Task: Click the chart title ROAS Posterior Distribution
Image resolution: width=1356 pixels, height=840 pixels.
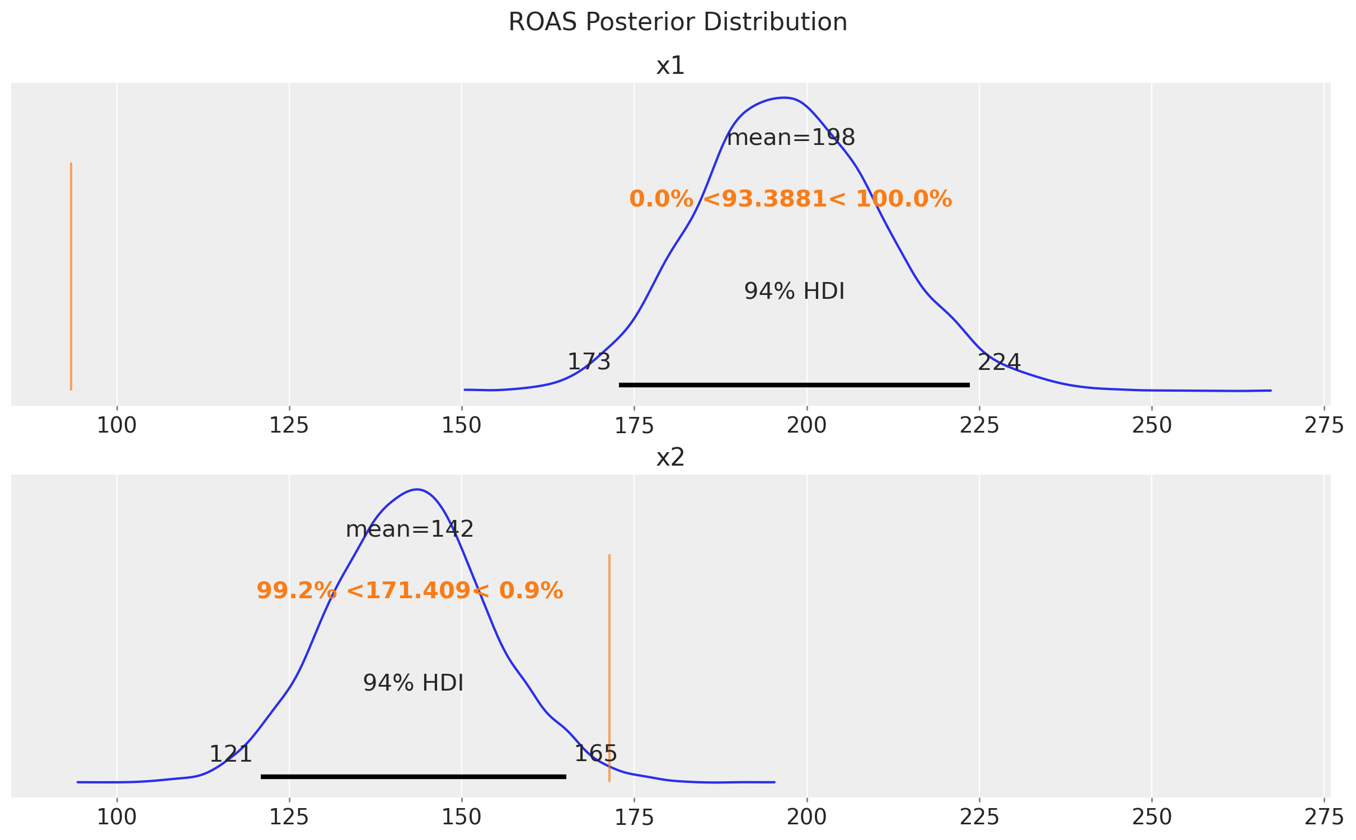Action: (x=678, y=22)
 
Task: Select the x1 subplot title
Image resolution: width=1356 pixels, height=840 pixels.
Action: (x=670, y=66)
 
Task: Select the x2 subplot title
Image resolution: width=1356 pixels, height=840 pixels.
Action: (x=670, y=458)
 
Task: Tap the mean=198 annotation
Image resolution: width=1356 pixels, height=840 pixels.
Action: (x=791, y=138)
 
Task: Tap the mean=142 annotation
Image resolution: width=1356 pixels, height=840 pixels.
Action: (x=410, y=529)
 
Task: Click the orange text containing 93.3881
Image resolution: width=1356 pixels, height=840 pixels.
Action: (x=790, y=199)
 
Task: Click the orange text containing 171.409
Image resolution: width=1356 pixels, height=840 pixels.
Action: (x=410, y=591)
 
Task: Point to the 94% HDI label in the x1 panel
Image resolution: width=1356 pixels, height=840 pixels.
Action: (x=794, y=292)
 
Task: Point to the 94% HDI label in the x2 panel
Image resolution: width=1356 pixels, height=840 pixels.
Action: (x=413, y=683)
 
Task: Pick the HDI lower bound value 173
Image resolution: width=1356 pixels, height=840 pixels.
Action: (x=589, y=362)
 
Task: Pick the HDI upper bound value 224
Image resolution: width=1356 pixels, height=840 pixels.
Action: (x=999, y=363)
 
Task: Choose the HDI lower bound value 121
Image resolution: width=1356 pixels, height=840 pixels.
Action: (x=231, y=754)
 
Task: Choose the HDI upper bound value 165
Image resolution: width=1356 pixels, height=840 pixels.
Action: (x=595, y=754)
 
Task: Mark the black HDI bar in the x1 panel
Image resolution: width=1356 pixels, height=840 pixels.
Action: (x=794, y=385)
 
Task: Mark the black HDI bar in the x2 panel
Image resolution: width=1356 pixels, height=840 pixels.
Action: (x=414, y=777)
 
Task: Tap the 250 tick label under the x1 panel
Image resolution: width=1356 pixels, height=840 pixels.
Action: (x=1151, y=426)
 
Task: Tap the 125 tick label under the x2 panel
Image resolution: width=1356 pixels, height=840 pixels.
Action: (x=289, y=818)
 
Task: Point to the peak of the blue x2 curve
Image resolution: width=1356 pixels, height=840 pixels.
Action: (x=417, y=490)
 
